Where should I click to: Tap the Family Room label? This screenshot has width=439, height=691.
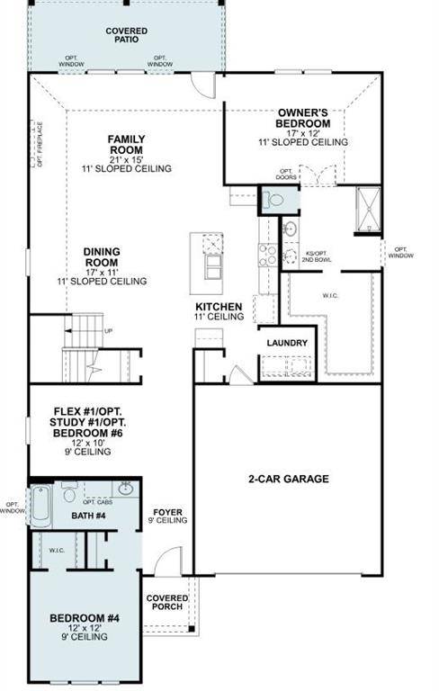[127, 145]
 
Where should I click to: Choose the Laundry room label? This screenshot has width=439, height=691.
[287, 344]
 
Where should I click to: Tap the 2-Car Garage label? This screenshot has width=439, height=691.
[288, 479]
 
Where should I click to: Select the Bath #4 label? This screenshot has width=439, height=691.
[89, 516]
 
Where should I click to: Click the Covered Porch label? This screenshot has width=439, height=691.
[168, 602]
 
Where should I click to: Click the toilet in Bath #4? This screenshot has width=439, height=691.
[70, 494]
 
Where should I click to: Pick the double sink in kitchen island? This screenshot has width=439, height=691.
[213, 268]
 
